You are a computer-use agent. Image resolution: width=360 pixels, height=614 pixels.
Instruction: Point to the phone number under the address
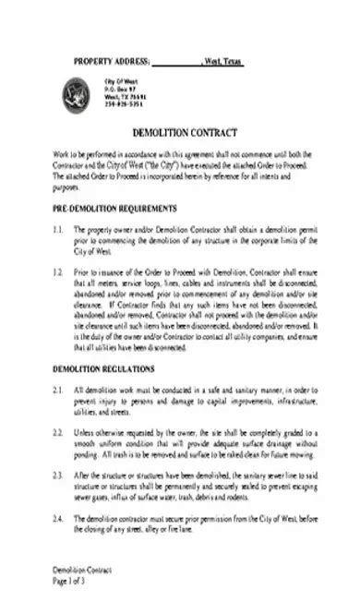[123, 103]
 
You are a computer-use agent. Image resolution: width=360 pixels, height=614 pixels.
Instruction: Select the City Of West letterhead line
[121, 81]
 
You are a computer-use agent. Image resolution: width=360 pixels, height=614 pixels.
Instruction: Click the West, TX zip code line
[124, 96]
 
